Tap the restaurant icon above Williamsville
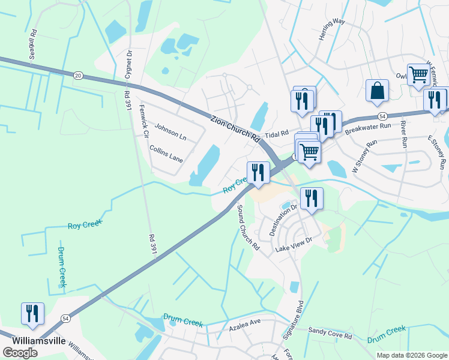coord(32,314)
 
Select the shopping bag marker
coord(377,91)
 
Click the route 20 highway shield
coord(77,76)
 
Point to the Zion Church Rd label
coord(235,128)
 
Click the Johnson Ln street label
coord(170,132)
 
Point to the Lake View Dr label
coord(294,244)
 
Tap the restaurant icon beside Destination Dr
coord(311,199)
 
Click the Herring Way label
coord(332,29)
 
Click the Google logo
coord(20,353)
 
